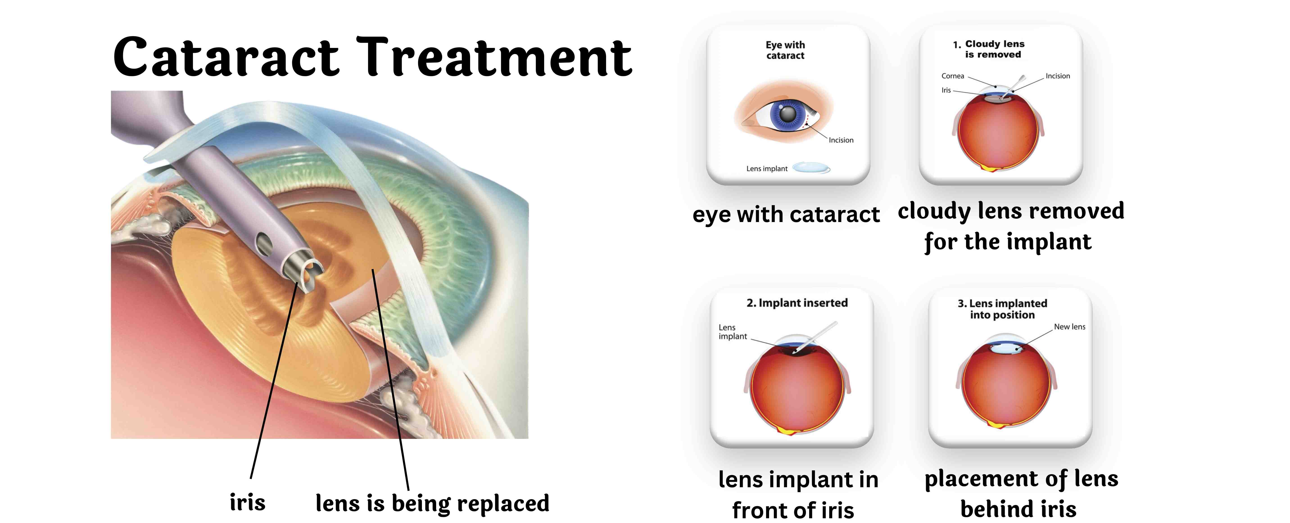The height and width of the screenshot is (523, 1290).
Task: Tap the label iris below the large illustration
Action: click(247, 502)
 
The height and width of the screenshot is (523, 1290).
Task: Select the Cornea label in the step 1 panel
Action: click(953, 76)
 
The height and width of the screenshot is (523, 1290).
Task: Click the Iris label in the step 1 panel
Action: click(946, 90)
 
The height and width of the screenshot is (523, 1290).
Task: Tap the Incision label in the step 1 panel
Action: click(1058, 76)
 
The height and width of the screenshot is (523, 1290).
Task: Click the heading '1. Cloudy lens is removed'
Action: click(989, 49)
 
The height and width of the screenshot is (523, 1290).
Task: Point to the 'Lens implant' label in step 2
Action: click(733, 332)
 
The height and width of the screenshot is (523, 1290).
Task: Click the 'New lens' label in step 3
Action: click(1070, 327)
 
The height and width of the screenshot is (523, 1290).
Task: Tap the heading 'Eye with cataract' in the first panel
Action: click(785, 50)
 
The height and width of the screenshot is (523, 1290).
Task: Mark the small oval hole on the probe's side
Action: click(264, 244)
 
